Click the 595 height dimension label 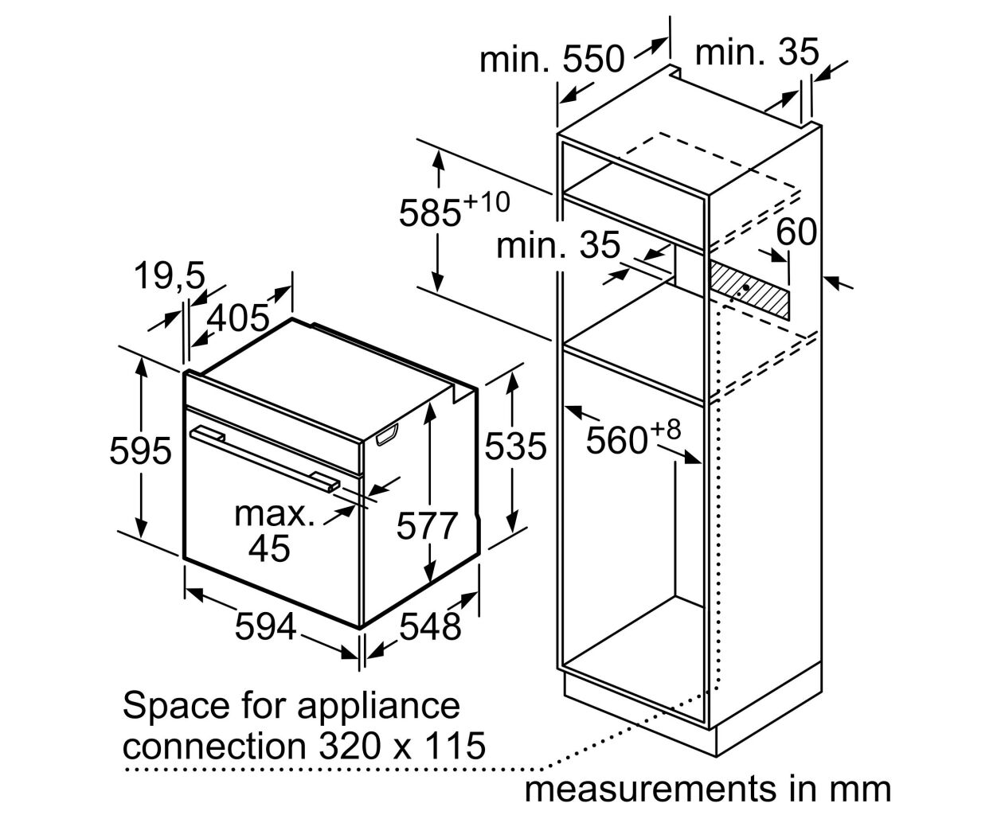[140, 451]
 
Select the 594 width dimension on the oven [266, 626]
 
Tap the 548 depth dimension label [430, 626]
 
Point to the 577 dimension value [426, 525]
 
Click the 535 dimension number [515, 446]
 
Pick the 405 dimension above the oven [238, 318]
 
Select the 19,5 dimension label [170, 275]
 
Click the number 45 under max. [269, 548]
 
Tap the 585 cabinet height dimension [430, 213]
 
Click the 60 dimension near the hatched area [796, 232]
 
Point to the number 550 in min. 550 [594, 59]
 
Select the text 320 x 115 [402, 746]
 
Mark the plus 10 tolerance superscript [487, 202]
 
